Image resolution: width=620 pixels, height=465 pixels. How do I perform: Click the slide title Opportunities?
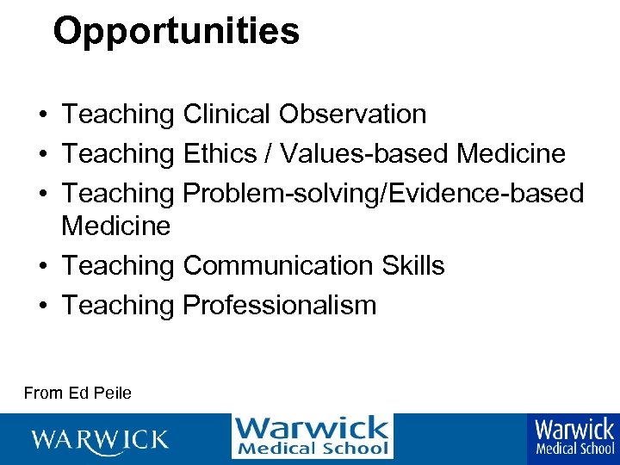pos(176,32)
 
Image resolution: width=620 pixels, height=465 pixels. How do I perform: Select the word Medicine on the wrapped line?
pos(116,226)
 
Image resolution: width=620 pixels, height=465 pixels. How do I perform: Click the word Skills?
pos(413,266)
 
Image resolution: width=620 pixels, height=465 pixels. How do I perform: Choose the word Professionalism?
pos(280,305)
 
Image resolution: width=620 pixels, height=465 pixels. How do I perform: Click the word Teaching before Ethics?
pos(118,154)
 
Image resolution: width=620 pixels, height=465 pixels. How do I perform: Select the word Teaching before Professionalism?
pos(118,305)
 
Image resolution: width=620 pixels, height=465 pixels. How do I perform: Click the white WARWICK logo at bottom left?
pos(100,439)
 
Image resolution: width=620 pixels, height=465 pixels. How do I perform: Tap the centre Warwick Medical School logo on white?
pos(312,436)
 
